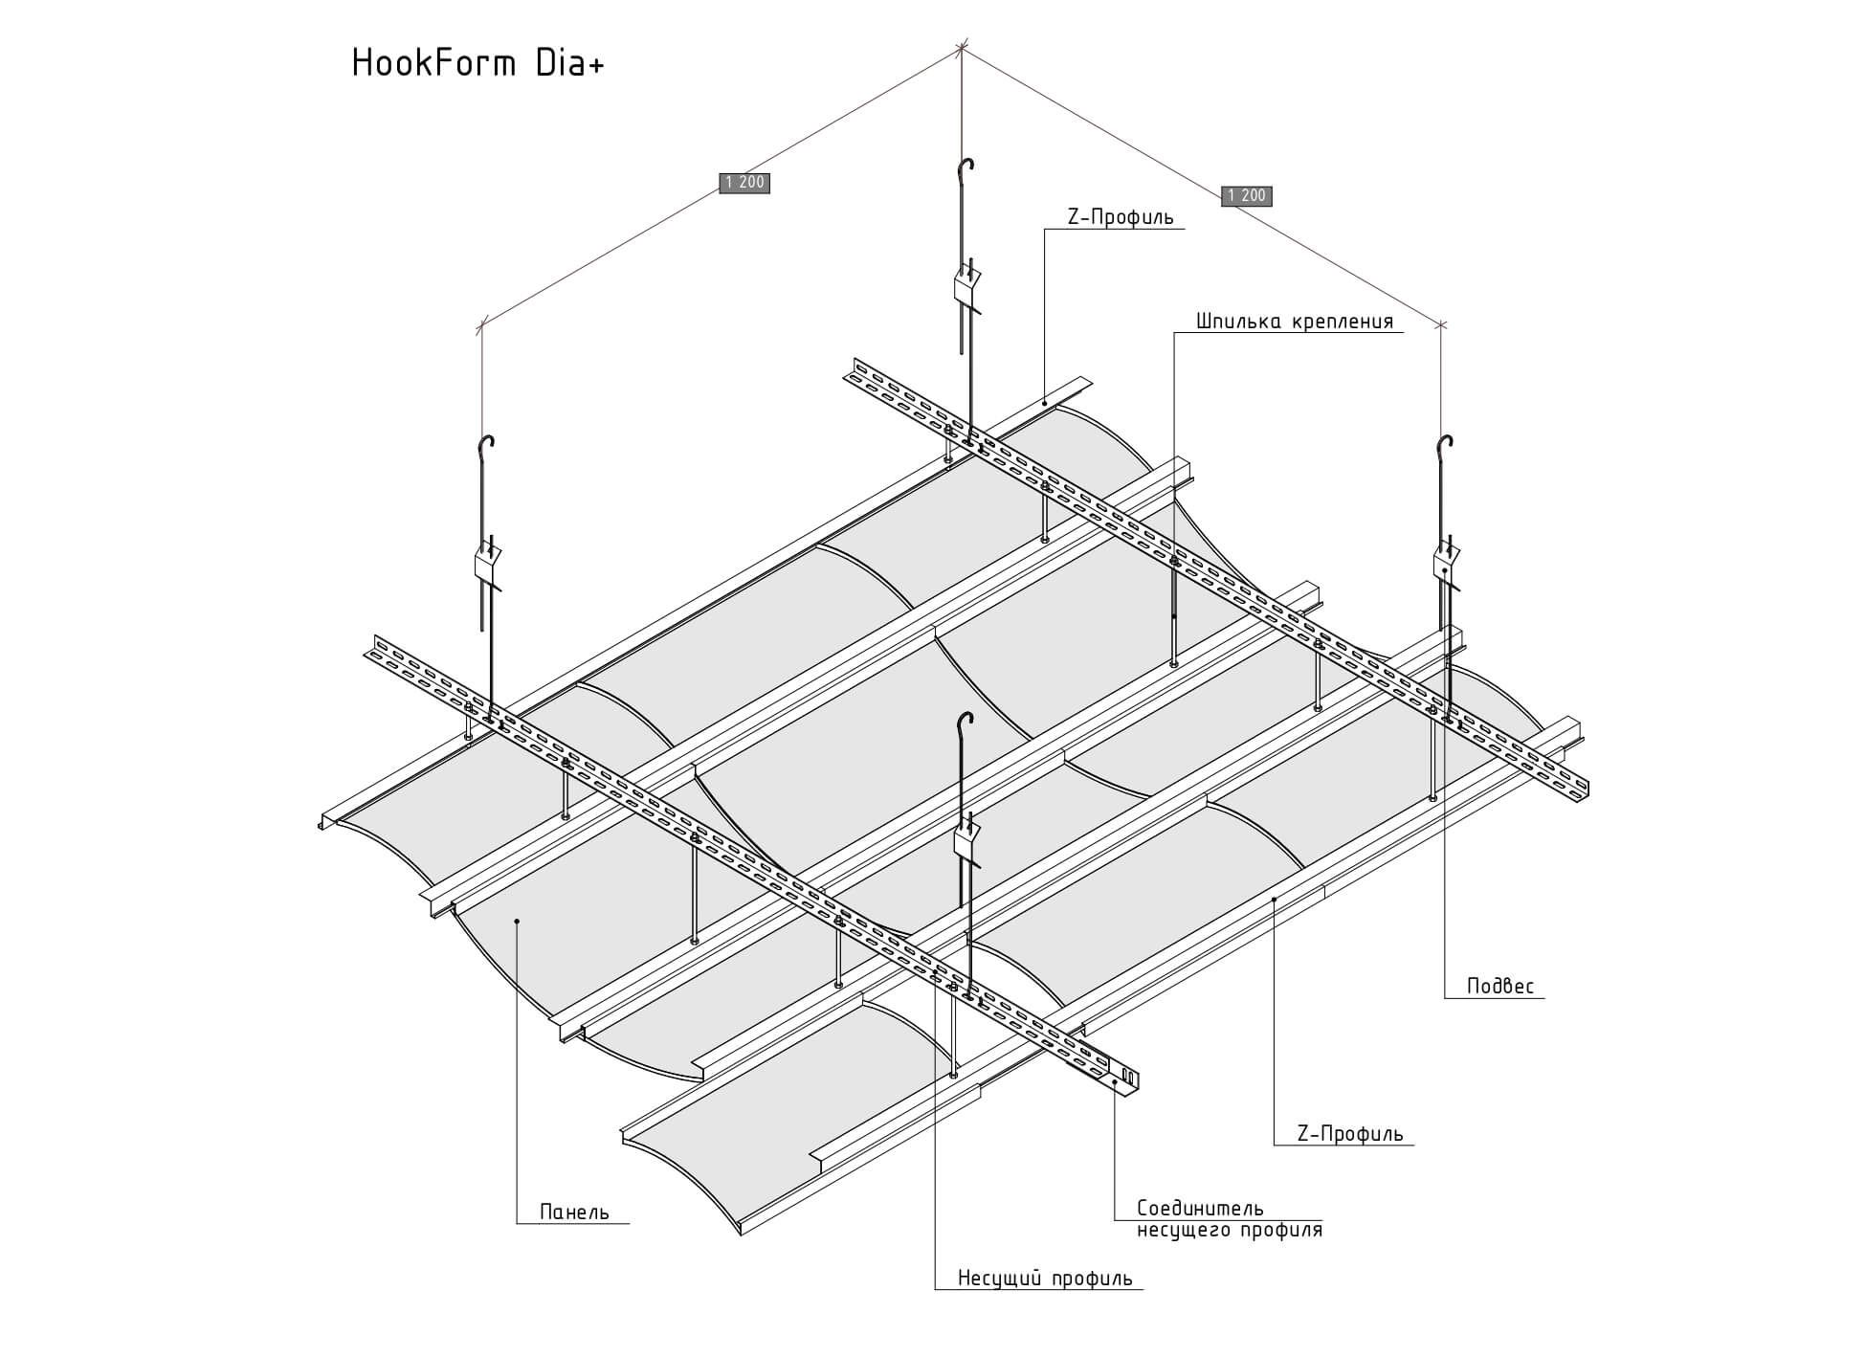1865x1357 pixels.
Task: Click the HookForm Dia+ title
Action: [478, 63]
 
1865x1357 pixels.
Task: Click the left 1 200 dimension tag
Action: [744, 183]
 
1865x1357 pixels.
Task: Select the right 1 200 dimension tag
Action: [1247, 196]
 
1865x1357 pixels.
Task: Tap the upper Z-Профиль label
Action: [1121, 217]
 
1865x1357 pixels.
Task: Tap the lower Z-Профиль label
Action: [1349, 1134]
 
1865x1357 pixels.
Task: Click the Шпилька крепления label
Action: [1295, 321]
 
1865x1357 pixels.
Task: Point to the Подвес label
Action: [1500, 986]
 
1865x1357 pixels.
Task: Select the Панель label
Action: [574, 1212]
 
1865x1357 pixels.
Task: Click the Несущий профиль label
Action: [1045, 1279]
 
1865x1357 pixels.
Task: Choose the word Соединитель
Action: [1200, 1209]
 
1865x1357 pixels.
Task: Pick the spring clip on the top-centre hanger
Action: [967, 286]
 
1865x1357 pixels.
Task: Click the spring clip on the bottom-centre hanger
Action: [968, 839]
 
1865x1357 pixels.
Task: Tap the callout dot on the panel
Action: [517, 922]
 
